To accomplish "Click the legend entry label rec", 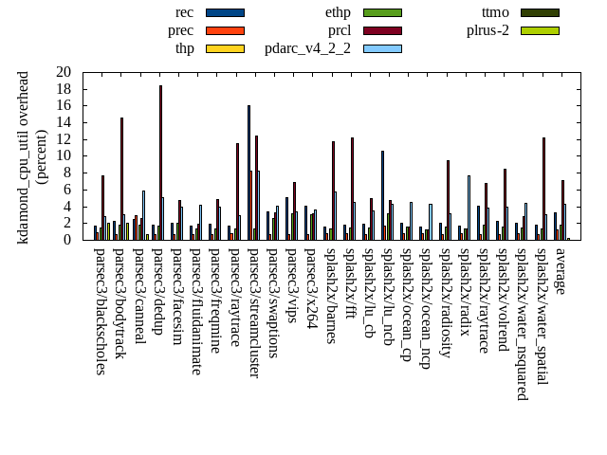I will click(185, 12).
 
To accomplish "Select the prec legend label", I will click(181, 30).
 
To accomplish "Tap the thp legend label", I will click(184, 48).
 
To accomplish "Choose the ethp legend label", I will click(338, 12).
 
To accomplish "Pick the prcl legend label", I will click(340, 30).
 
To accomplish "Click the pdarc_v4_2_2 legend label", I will click(307, 48).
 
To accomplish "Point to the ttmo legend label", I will click(495, 12).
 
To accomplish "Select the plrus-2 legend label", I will click(487, 30).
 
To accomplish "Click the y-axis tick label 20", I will click(64, 72).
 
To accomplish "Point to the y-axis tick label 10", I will click(64, 155).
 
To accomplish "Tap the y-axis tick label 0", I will click(67, 240).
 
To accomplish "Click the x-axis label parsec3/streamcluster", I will click(253, 313).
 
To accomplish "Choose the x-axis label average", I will click(560, 271).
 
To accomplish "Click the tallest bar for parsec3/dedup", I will click(160, 162).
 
